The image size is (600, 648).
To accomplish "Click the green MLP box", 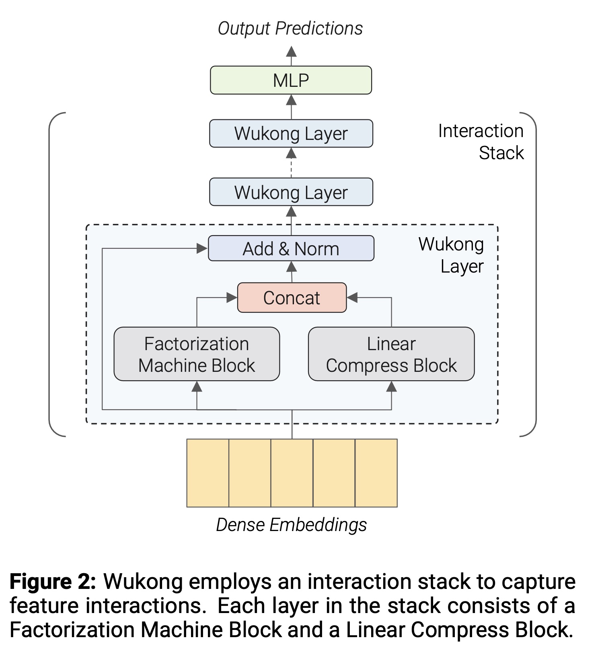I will [291, 80].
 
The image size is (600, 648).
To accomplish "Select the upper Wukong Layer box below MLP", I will [291, 133].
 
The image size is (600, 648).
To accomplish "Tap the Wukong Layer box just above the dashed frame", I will [291, 192].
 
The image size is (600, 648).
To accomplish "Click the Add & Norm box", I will [291, 248].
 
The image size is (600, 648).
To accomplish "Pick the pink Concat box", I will [292, 298].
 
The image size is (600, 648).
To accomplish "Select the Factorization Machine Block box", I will [197, 354].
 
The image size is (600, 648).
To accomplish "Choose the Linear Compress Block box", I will [391, 354].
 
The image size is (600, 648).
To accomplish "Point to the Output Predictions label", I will [290, 29].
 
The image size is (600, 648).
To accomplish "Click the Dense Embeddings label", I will [291, 525].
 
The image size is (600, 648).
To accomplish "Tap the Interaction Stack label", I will [481, 142].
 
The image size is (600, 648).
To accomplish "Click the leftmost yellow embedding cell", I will [208, 473].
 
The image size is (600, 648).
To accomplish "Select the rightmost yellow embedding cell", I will [376, 473].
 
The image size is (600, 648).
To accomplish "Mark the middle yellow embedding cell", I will [292, 473].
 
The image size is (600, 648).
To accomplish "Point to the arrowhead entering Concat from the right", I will [352, 298].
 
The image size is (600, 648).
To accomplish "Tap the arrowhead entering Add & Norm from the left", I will [202, 248].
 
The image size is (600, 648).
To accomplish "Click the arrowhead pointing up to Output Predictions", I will [291, 51].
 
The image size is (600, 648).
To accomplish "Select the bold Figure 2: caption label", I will [53, 582].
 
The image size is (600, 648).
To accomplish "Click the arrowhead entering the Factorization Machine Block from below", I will [197, 387].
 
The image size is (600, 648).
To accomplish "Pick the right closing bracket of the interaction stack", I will [532, 274].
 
